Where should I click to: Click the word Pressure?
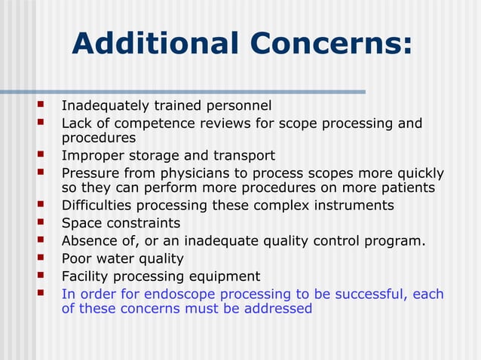coord(88,173)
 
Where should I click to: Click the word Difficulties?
coord(95,206)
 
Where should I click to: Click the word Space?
coord(78,223)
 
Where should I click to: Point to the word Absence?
coord(87,241)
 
